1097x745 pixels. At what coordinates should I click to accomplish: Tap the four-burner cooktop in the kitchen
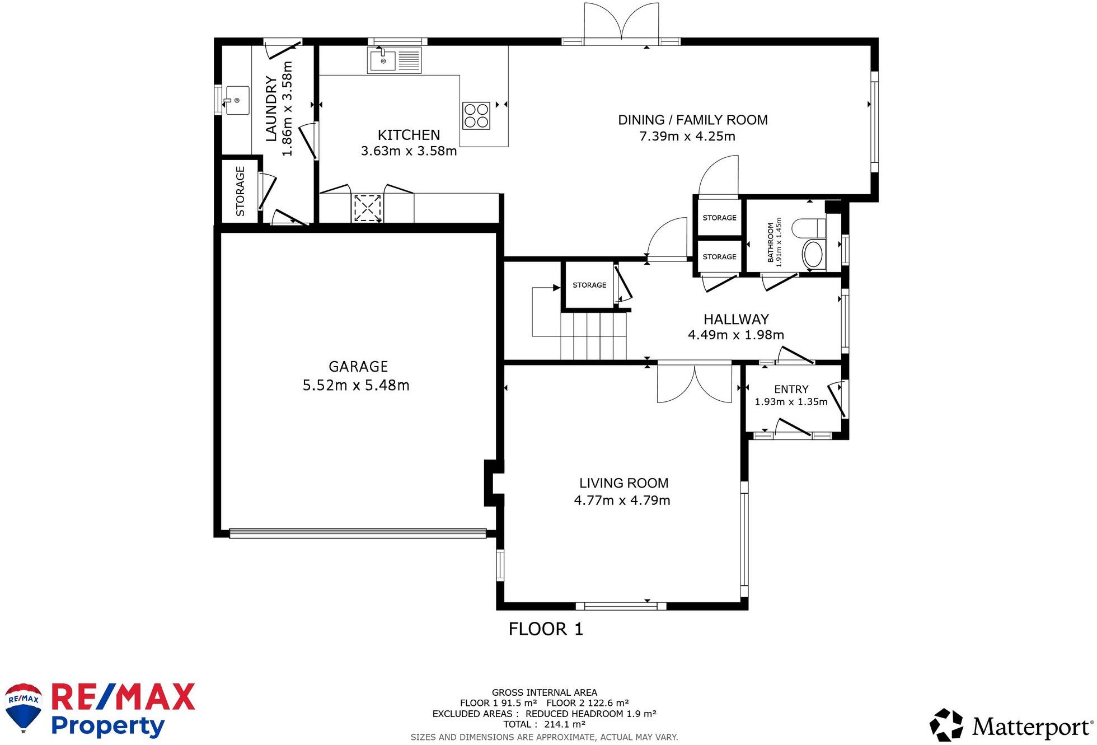click(x=476, y=115)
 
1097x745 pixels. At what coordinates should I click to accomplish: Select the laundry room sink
click(x=237, y=101)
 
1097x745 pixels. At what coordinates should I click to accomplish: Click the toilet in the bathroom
click(x=809, y=228)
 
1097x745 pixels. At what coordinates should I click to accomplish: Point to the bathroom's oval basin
click(x=813, y=255)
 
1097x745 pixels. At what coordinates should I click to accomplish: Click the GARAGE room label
click(x=358, y=367)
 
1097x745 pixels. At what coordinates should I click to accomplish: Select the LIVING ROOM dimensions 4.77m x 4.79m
click(x=622, y=500)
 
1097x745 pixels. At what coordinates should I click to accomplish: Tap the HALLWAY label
click(x=736, y=319)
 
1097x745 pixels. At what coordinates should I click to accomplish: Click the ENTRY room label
click(x=791, y=389)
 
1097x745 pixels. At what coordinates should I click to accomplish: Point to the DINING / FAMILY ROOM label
click(x=692, y=120)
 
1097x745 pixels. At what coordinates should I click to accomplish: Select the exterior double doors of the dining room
click(x=621, y=22)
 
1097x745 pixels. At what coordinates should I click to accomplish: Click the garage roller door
click(x=358, y=533)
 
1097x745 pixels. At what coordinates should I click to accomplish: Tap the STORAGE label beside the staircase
click(x=589, y=285)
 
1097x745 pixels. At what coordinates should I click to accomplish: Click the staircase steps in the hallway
click(x=593, y=336)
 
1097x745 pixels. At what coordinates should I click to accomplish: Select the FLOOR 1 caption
click(x=546, y=629)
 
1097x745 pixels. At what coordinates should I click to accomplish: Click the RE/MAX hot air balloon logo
click(x=24, y=707)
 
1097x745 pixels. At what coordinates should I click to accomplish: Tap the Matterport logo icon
click(x=947, y=725)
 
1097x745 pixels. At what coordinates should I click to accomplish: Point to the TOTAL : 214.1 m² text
click(x=544, y=724)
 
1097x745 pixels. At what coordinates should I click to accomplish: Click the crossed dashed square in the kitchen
click(x=368, y=208)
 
